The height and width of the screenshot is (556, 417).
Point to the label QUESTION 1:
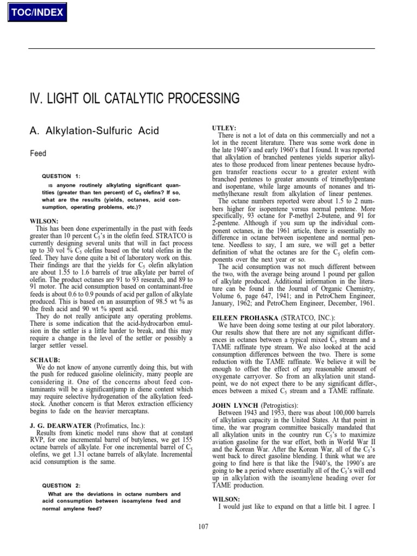[x=61, y=176]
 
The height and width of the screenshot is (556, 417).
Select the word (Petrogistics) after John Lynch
[x=279, y=405]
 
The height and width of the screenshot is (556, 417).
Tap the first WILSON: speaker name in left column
[x=44, y=221]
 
